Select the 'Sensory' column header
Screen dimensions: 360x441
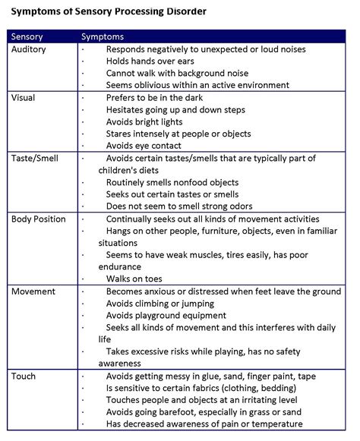tap(29, 36)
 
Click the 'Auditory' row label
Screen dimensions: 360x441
tap(30, 49)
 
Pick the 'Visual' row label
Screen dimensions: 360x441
tap(24, 97)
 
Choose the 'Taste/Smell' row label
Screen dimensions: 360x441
tap(35, 158)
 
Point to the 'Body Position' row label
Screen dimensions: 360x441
tap(40, 219)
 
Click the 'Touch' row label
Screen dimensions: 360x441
tap(24, 375)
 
